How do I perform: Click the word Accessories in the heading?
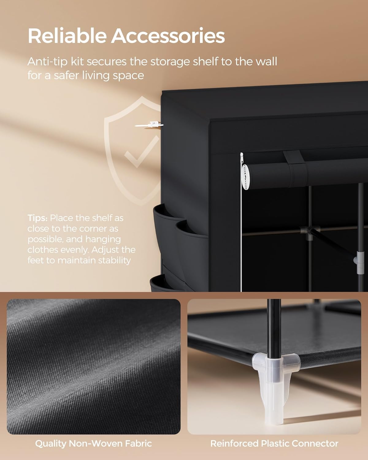tap(168, 36)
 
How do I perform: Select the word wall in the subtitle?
tap(265, 62)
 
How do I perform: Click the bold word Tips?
tap(37, 218)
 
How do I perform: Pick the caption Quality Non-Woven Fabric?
tap(93, 443)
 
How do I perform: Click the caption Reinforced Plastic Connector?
tap(274, 443)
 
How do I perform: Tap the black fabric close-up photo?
tap(94, 366)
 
